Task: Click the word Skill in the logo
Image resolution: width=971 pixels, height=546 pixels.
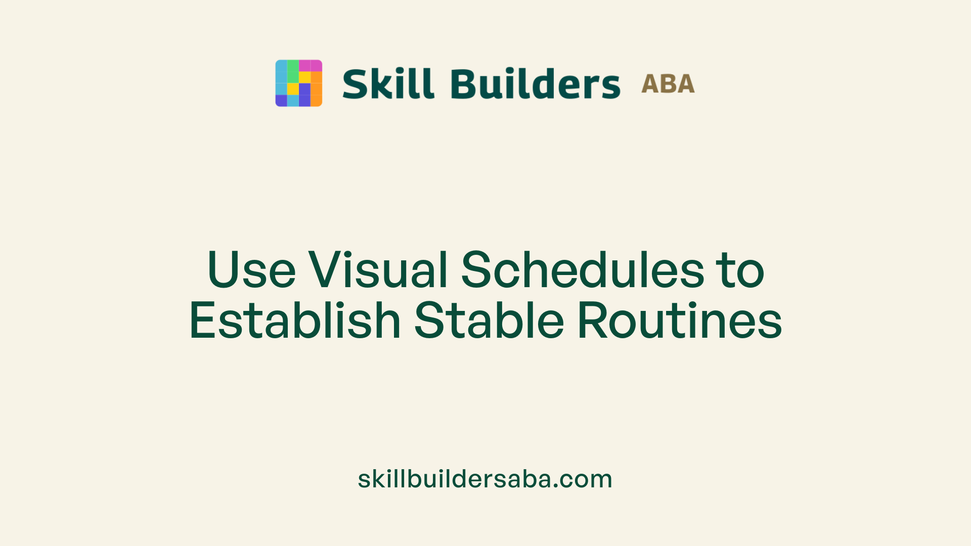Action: pos(388,84)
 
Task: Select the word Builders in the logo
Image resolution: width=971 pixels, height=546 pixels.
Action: pos(535,84)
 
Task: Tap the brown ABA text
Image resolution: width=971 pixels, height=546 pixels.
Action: pos(668,84)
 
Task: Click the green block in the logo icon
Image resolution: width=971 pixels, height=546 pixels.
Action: pos(293,71)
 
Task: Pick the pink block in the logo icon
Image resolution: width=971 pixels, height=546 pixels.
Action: pos(311,66)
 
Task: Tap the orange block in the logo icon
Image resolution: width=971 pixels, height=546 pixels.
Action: pos(317,89)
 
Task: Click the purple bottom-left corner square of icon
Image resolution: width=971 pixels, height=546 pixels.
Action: pos(281,101)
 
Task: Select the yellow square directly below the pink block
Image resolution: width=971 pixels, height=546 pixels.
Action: pos(304,77)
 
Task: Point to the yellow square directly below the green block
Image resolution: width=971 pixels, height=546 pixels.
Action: pos(293,89)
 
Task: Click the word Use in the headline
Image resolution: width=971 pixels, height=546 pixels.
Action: pos(251,270)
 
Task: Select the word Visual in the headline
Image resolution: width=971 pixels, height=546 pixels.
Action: pos(378,270)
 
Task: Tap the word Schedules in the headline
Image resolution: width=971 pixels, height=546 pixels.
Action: pos(582,270)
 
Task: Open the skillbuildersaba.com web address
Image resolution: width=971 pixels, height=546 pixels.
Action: pos(485,479)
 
